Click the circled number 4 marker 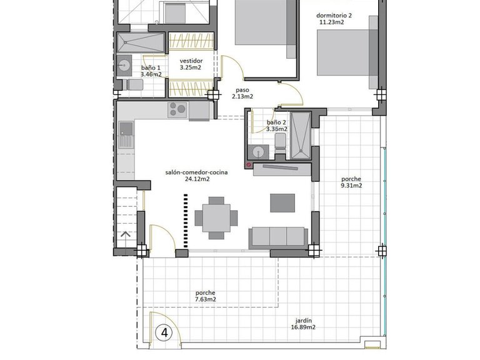click(165, 332)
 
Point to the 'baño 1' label click(151, 67)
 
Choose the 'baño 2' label click(276, 122)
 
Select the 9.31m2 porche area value click(351, 186)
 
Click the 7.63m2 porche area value click(206, 299)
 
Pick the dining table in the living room click(216, 217)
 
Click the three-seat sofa click(278, 236)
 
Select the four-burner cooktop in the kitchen click(177, 109)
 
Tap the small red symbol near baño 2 click(249, 166)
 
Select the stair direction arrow click(126, 235)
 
